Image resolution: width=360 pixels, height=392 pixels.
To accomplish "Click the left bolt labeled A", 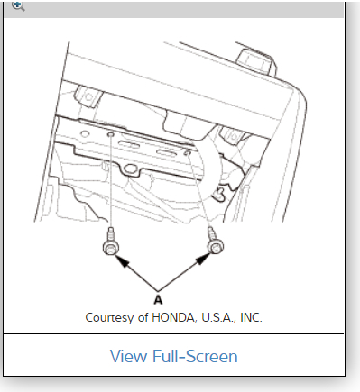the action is (111, 242).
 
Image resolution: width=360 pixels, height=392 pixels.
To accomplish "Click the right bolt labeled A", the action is (215, 242).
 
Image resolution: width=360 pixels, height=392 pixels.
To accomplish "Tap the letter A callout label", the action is (158, 299).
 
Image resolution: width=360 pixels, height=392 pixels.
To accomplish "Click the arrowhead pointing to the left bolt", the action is (122, 260).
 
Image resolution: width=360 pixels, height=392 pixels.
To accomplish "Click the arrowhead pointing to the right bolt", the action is (204, 259).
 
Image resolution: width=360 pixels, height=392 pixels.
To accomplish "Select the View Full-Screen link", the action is (174, 356).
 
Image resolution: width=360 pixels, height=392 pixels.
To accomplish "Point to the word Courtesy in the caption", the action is (109, 318).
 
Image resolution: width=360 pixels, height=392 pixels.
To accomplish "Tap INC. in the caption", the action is (251, 318).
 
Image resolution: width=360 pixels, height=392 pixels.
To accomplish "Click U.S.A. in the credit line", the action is (219, 318).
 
